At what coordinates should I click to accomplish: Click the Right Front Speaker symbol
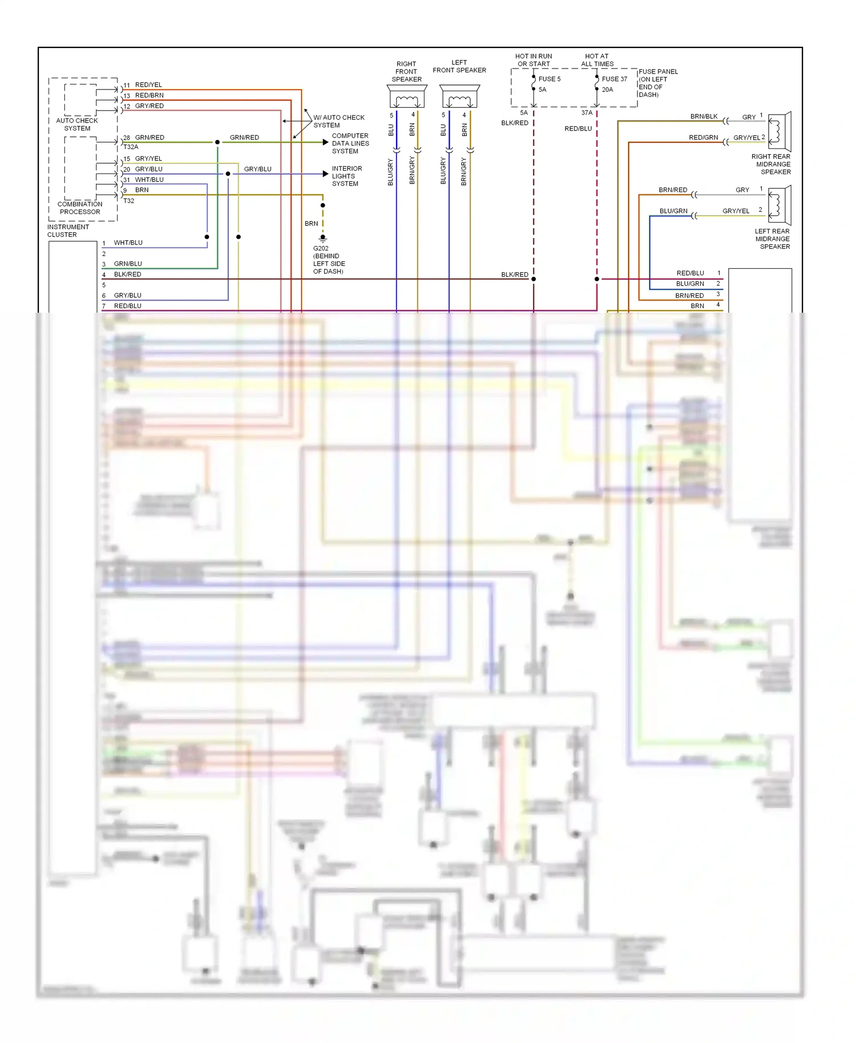[x=406, y=97]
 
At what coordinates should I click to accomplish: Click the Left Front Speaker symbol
[x=459, y=97]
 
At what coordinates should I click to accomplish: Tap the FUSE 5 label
[x=550, y=79]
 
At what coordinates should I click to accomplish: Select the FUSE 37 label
[x=614, y=79]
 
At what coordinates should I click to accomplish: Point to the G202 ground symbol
[x=323, y=238]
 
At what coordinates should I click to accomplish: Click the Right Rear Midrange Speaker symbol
[x=780, y=130]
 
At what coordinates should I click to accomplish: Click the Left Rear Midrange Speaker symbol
[x=780, y=205]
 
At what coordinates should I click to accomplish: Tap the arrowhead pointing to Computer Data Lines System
[x=326, y=142]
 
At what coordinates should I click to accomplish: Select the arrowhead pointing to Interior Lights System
[x=326, y=173]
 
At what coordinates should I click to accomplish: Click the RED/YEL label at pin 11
[x=148, y=85]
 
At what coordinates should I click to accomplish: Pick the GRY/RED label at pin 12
[x=149, y=106]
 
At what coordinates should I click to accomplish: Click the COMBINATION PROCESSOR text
[x=80, y=208]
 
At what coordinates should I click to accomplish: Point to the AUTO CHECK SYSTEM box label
[x=77, y=124]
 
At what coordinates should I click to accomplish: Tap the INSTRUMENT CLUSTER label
[x=68, y=231]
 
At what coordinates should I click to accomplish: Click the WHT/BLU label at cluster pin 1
[x=128, y=243]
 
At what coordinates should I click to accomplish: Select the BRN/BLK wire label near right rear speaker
[x=704, y=116]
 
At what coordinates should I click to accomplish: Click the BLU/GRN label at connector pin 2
[x=690, y=284]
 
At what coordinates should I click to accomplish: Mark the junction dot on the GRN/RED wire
[x=217, y=142]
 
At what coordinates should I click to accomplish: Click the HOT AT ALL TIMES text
[x=597, y=60]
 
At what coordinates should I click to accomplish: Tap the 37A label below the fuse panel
[x=587, y=113]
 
